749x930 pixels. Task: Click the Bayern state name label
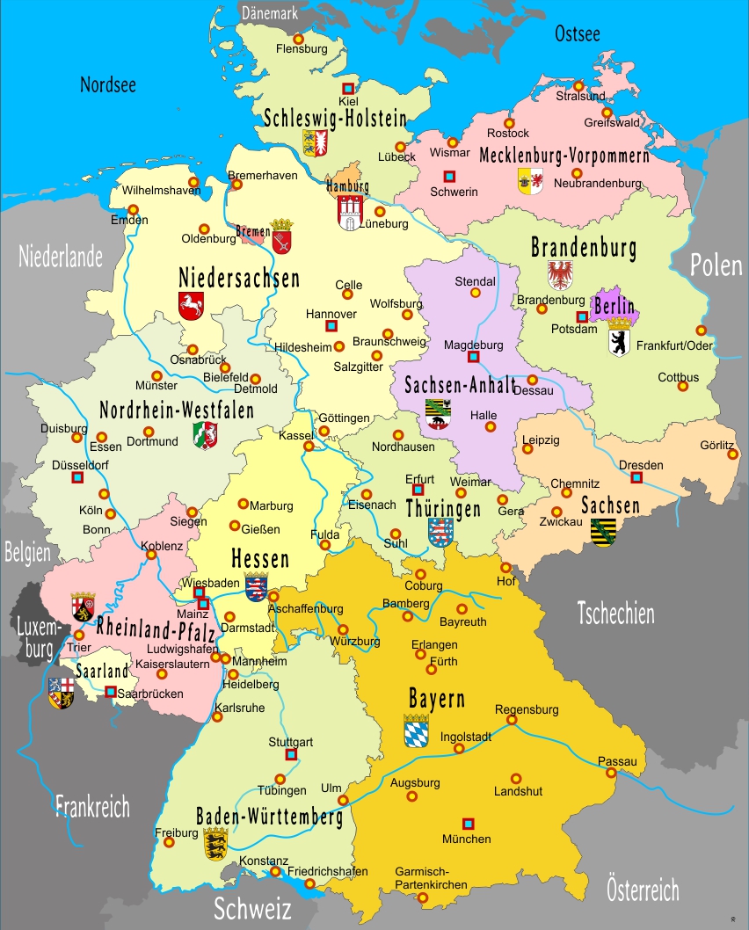[437, 700]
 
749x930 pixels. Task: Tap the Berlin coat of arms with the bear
[619, 337]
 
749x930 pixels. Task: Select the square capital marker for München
[469, 824]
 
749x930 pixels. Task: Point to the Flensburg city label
[301, 49]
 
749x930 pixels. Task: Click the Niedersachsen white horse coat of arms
[192, 306]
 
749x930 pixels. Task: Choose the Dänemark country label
[270, 13]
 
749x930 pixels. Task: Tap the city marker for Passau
[611, 773]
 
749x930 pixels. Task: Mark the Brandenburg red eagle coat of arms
[560, 274]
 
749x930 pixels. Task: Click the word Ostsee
[578, 34]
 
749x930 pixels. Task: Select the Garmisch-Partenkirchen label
[431, 878]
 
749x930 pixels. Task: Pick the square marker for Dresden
[636, 477]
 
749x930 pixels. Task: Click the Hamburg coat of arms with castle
[349, 212]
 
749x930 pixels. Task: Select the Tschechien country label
[615, 613]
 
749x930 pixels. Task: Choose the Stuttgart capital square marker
[292, 754]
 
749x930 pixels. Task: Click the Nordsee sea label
[108, 84]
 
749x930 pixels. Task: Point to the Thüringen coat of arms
[440, 532]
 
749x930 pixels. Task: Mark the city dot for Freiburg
[169, 842]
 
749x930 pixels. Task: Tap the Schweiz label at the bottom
[252, 906]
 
